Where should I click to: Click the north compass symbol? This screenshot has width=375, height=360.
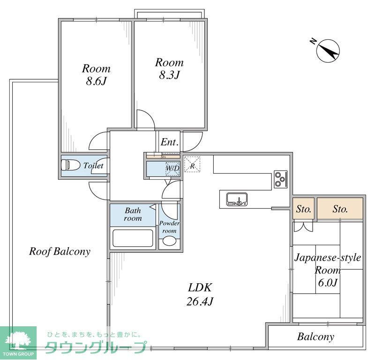328,50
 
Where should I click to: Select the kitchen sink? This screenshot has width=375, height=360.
237,199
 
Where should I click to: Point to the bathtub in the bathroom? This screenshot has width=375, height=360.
133,238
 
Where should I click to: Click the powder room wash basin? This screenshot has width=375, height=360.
169,242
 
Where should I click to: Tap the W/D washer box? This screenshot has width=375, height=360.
172,168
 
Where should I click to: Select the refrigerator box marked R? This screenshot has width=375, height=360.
192,165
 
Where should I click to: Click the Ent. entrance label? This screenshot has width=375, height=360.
169,142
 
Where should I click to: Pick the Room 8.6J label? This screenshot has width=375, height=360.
96,74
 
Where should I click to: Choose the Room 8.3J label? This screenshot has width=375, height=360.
169,68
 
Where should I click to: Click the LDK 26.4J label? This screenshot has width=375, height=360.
201,294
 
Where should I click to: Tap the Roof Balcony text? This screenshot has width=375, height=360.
60,251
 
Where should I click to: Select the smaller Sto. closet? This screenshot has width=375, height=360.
304,209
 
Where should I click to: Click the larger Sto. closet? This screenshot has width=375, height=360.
340,209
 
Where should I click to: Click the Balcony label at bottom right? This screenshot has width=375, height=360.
315,337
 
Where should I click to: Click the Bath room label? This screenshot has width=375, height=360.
133,214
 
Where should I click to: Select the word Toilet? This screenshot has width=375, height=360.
93,166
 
